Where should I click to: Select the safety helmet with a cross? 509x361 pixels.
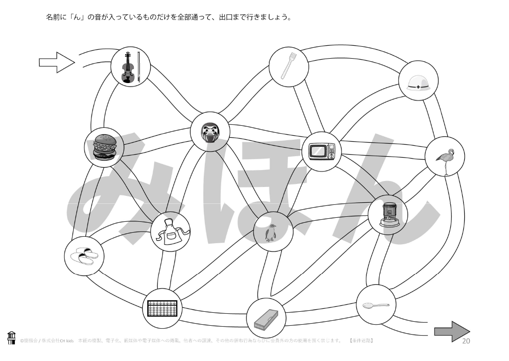click(x=419, y=83)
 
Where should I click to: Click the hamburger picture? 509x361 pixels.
click(x=104, y=147)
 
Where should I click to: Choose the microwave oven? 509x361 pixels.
click(x=322, y=151)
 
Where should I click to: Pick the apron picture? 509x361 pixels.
click(x=170, y=232)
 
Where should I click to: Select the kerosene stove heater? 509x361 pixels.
click(x=387, y=215)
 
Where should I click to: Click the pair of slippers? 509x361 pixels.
click(x=84, y=257)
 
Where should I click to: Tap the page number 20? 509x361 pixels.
click(x=466, y=341)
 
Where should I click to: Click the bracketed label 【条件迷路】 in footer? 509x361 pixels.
click(x=361, y=341)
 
